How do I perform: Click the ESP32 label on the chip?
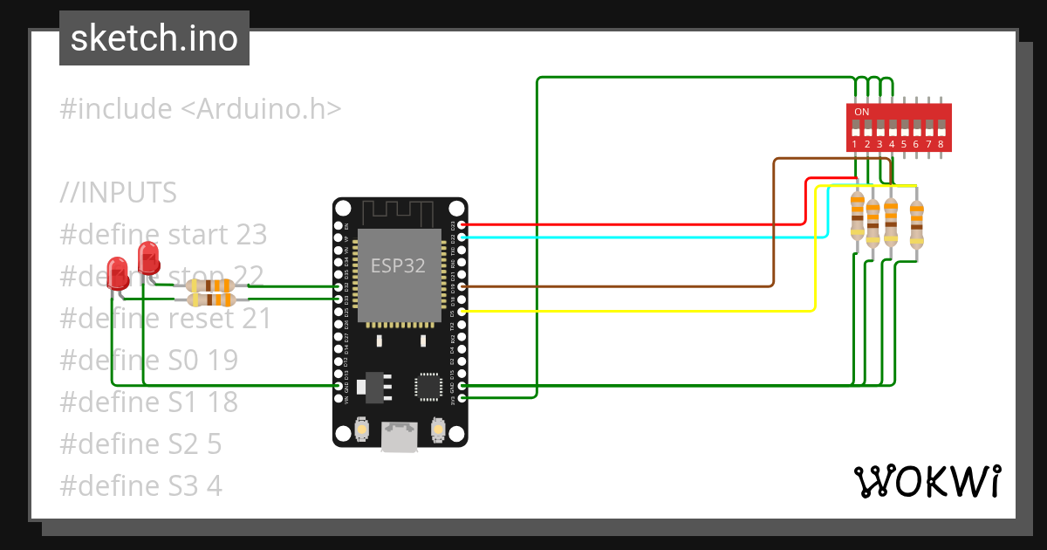(x=398, y=265)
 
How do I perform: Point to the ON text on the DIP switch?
(x=862, y=112)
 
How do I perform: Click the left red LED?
(x=116, y=272)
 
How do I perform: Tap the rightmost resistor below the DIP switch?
(x=916, y=225)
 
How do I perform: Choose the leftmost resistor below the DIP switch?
(x=858, y=216)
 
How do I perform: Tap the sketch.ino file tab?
(x=154, y=38)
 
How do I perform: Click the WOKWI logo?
(x=927, y=481)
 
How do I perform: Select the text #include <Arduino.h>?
(x=201, y=109)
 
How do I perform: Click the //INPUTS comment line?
(x=119, y=192)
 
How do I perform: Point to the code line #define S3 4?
(x=140, y=485)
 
